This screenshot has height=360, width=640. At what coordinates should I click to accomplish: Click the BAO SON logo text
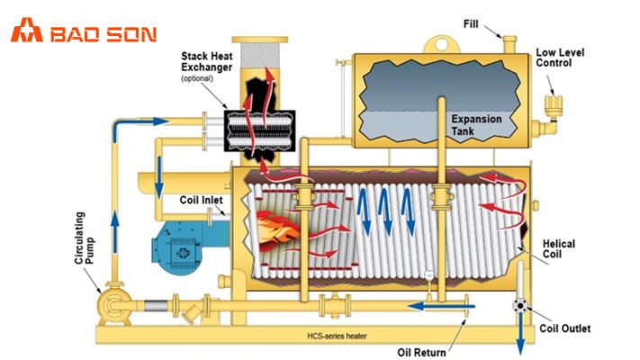[104, 34]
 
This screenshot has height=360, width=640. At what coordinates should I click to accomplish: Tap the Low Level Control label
[558, 58]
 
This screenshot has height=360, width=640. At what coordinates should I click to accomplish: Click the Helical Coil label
[560, 249]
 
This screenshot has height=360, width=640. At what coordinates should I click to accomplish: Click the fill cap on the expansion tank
[509, 42]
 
